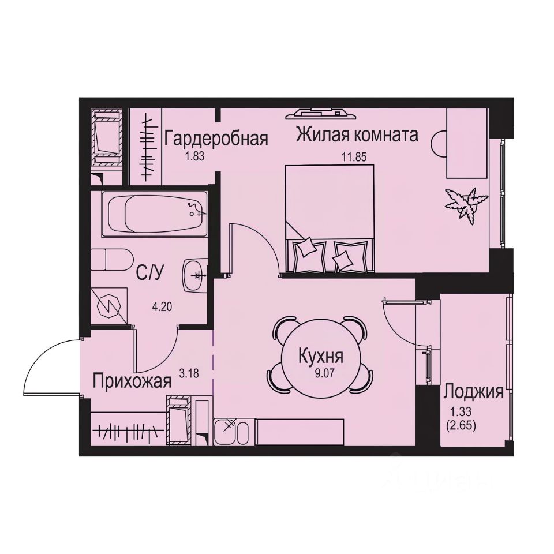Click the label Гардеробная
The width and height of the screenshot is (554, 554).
pyautogui.click(x=216, y=139)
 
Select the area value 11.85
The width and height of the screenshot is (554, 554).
pyautogui.click(x=355, y=155)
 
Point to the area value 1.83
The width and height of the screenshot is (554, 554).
pyautogui.click(x=194, y=155)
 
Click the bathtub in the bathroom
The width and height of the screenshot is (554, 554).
pyautogui.click(x=154, y=214)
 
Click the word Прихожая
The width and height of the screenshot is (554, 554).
pyautogui.click(x=133, y=382)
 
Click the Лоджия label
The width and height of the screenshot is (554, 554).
pyautogui.click(x=473, y=393)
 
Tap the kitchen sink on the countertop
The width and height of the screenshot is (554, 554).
pyautogui.click(x=231, y=431)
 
